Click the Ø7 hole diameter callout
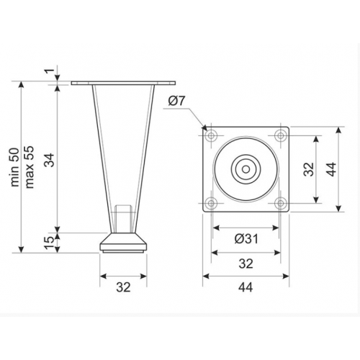(177, 101)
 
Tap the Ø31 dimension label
(246, 239)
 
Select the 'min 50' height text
(15, 167)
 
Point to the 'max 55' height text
(30, 167)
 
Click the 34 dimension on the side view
(50, 160)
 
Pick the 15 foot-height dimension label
(50, 243)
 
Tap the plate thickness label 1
(50, 71)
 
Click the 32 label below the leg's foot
(123, 287)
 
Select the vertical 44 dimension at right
(332, 169)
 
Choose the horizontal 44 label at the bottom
(246, 287)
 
